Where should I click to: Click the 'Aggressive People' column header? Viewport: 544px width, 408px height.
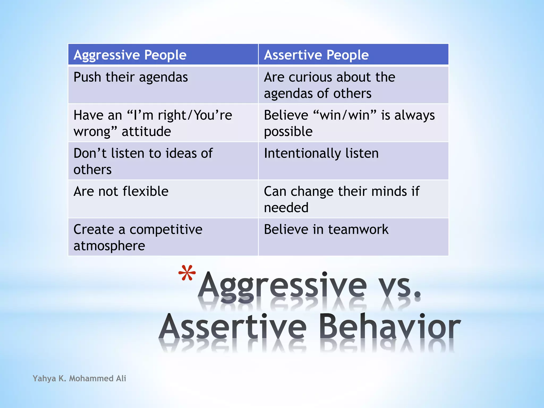(130, 55)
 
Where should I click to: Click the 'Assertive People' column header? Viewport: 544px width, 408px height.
(316, 55)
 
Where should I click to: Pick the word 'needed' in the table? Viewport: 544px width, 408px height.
(286, 208)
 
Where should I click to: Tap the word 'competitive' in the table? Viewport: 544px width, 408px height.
(166, 229)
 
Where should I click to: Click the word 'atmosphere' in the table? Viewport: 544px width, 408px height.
(109, 246)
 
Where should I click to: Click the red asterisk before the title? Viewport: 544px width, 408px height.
(187, 273)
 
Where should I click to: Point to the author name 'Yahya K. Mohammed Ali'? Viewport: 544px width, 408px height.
(79, 378)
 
